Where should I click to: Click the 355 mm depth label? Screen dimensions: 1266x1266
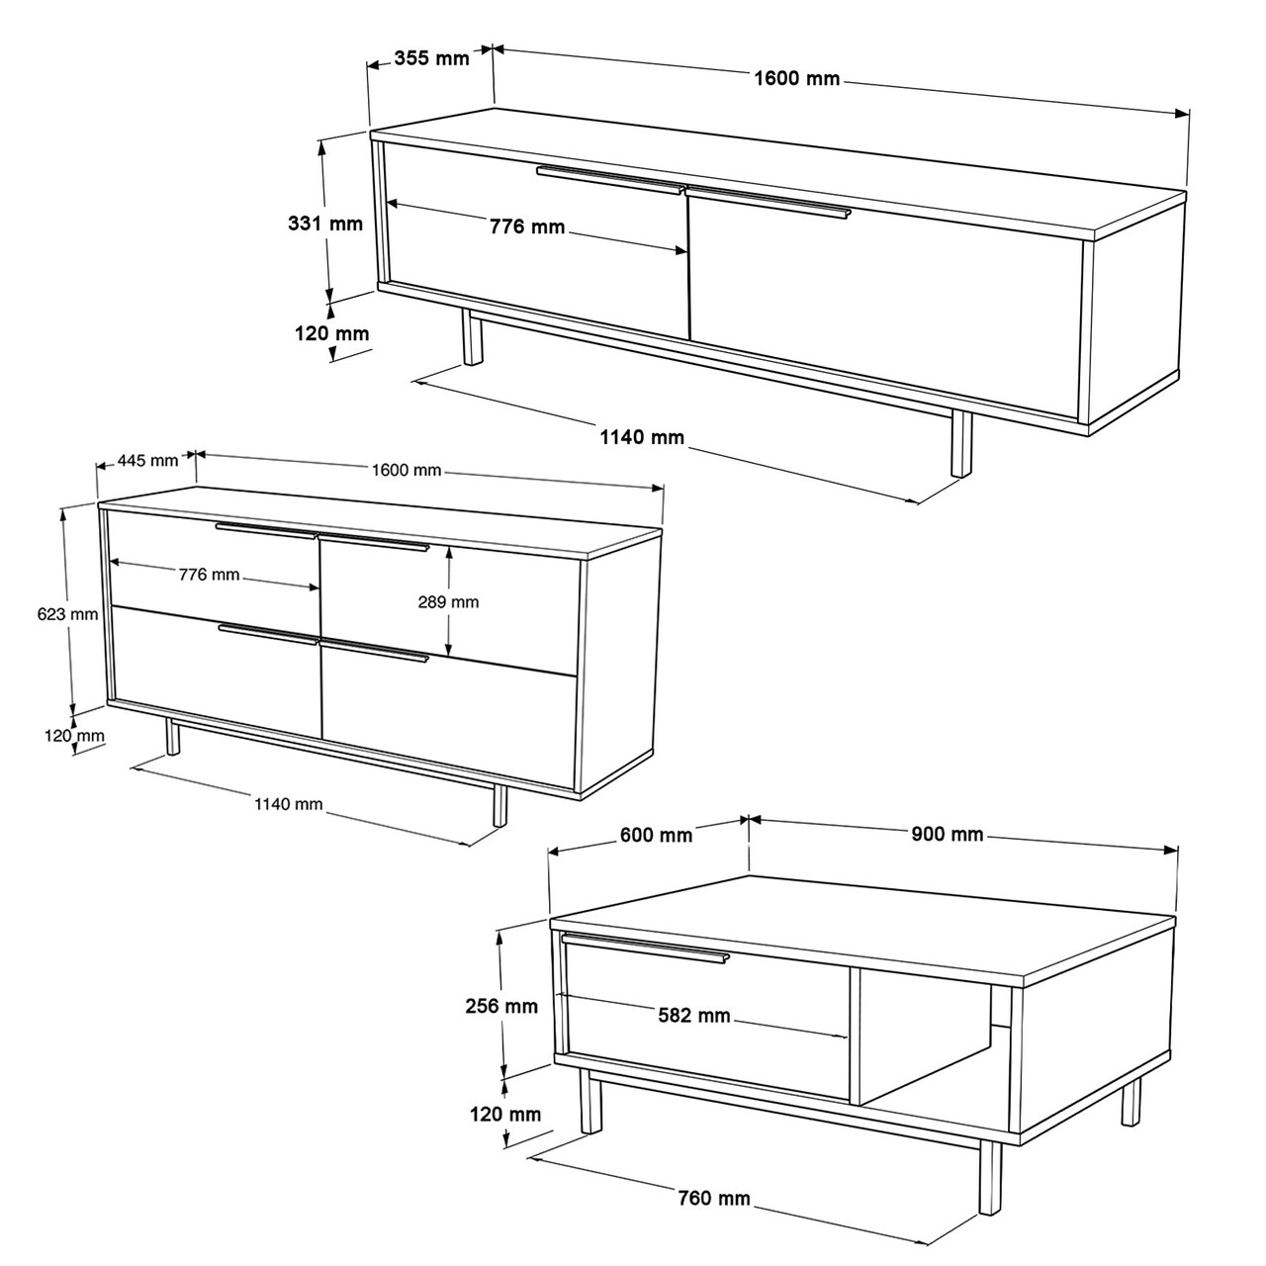coord(431,57)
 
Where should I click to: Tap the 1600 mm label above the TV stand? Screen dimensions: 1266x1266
coord(796,78)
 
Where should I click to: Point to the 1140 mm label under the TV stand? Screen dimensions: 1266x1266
coord(641,436)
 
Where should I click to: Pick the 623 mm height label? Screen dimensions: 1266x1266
coord(67,613)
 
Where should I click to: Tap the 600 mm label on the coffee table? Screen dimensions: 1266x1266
coord(656,835)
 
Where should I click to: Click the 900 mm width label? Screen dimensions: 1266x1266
coord(947,834)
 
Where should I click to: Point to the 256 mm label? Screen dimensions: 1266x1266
coord(501,1006)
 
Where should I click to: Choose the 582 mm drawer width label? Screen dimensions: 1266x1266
coord(693,1015)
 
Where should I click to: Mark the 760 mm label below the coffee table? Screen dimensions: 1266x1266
coord(714,1199)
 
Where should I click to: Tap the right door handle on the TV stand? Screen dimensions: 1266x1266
coord(768,201)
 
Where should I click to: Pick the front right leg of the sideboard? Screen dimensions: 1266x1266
coord(499,804)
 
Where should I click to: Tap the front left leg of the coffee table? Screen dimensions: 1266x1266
coord(589,1100)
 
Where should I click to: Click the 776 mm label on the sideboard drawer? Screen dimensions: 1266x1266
coord(209,574)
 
